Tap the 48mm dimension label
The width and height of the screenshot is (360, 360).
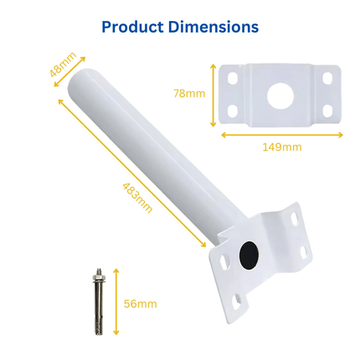pos(63,65)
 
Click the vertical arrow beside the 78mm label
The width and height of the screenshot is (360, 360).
pos(214,94)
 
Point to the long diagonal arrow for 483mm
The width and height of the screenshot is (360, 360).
pos(131,172)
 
